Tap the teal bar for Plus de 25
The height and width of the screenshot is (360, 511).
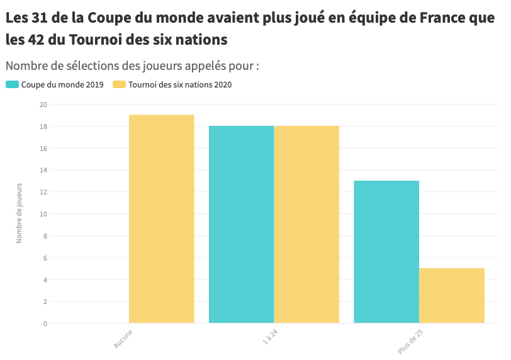click(x=386, y=252)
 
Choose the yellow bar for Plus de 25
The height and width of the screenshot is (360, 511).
click(x=452, y=296)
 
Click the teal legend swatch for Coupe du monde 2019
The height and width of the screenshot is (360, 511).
click(x=12, y=85)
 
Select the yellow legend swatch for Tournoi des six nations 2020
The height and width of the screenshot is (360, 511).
click(x=119, y=85)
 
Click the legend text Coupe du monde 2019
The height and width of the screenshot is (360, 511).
click(x=62, y=85)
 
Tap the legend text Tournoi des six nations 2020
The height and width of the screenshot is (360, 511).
click(x=180, y=85)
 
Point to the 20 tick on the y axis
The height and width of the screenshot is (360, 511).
click(x=43, y=104)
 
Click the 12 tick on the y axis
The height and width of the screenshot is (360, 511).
click(x=43, y=192)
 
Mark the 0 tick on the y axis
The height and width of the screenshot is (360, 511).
click(x=45, y=323)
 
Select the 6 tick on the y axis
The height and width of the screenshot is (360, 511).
click(x=45, y=258)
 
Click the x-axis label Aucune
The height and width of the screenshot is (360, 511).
click(x=123, y=338)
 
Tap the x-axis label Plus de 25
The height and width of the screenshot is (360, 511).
click(x=410, y=341)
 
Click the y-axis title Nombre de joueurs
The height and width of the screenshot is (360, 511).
click(x=19, y=213)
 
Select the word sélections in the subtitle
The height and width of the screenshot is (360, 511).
click(x=90, y=65)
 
